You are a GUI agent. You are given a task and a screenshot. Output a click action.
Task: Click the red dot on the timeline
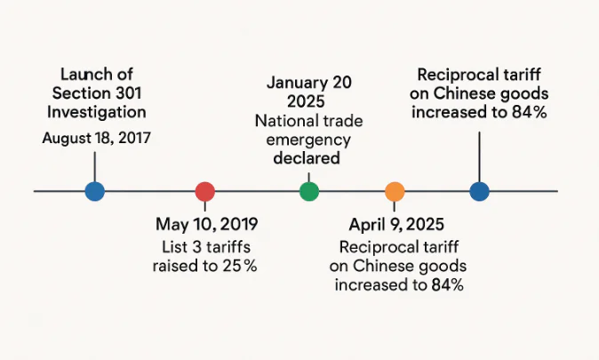coord(204,191)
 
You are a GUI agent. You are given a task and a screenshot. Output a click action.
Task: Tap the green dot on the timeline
coord(308,191)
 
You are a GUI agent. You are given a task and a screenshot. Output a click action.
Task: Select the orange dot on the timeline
coord(395,191)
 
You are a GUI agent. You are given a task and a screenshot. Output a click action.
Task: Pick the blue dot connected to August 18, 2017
coord(94,191)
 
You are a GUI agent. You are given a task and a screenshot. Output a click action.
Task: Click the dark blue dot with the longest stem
coord(479,191)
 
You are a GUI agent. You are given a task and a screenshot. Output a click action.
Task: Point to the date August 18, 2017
coord(96,139)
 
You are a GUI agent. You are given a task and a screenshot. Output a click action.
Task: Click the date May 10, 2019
coord(206,224)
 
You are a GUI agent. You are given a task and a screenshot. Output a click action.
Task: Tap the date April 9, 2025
coord(397,224)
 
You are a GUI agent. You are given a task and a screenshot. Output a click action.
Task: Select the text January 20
coord(308,83)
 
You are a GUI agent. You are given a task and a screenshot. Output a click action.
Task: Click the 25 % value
coord(238,266)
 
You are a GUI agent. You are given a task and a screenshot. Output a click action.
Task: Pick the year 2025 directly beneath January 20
coord(308,101)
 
